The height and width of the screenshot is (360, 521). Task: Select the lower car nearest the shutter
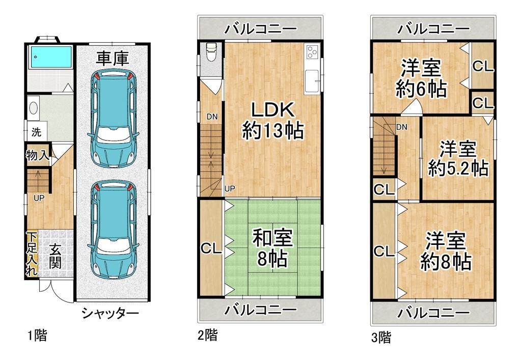tap(113, 230)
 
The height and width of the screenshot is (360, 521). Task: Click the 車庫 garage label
tap(113, 58)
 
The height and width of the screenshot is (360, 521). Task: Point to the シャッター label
tap(110, 313)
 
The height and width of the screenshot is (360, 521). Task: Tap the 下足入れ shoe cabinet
tap(32, 255)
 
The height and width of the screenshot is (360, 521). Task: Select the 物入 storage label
tap(38, 155)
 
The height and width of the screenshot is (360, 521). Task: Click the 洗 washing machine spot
tap(36, 132)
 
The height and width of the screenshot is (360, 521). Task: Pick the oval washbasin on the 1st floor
tap(34, 108)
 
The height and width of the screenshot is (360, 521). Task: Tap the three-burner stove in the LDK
tap(312, 51)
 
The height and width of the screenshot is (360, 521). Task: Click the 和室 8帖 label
tap(272, 248)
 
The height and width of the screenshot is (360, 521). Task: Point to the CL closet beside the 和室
tap(210, 248)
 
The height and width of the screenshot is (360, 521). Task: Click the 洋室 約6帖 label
tap(421, 78)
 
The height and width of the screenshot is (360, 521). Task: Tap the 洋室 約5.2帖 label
tap(458, 159)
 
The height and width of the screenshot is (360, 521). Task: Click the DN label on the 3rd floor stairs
tap(401, 127)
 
